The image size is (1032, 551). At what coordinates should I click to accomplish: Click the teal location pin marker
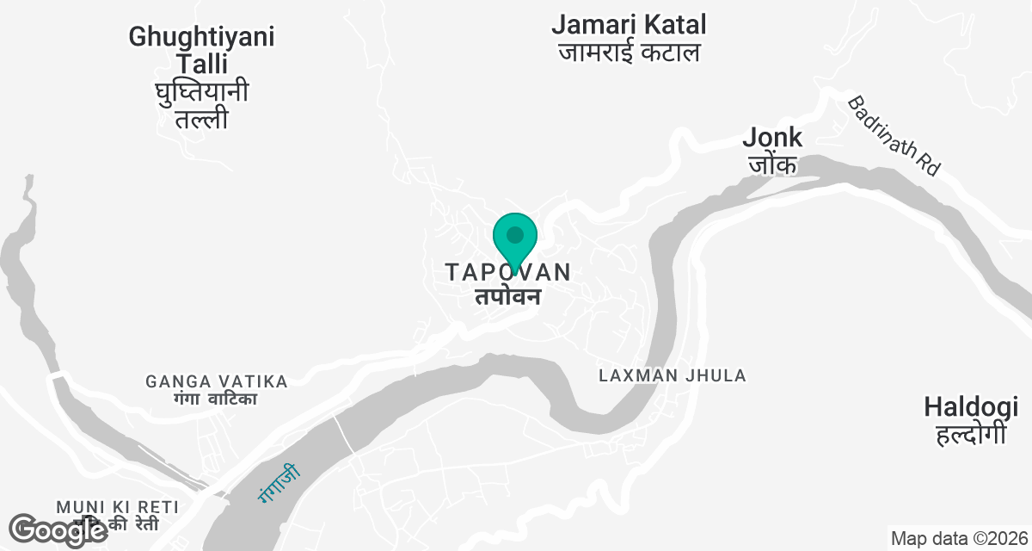pos(515,237)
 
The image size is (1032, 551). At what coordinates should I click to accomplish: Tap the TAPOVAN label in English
pos(507,272)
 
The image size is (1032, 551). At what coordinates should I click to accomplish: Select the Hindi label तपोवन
pos(507,297)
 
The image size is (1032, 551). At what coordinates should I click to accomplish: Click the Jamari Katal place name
pos(629,24)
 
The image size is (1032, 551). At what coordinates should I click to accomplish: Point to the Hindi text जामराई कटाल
pos(629,53)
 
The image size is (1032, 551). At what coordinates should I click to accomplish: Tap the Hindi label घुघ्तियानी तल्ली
pos(201,104)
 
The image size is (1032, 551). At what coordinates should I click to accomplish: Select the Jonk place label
pos(772,137)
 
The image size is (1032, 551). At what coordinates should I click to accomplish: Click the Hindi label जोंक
pos(772,164)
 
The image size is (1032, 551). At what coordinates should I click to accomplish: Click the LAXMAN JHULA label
pos(673,375)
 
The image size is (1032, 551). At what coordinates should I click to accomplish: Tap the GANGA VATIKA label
pos(216,381)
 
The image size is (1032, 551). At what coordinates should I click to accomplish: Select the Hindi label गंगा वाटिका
pos(216,399)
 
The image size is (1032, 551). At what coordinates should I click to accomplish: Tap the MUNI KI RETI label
pos(117,506)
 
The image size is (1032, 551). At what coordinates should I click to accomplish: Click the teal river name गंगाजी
pos(279,483)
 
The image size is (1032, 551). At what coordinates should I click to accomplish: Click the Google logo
pos(58,530)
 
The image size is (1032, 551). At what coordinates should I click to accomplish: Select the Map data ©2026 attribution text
pos(958,539)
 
